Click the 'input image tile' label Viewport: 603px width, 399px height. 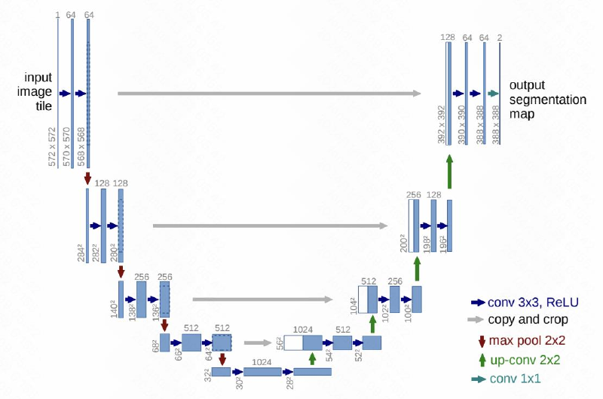tap(35, 91)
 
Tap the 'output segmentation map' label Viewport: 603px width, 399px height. tap(548, 100)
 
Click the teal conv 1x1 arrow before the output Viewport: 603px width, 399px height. tap(493, 94)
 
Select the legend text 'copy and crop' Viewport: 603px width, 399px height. tap(528, 319)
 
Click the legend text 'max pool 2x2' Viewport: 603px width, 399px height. tap(527, 340)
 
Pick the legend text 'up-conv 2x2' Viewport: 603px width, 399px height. tap(525, 360)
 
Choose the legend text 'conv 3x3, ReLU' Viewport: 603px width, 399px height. tap(533, 302)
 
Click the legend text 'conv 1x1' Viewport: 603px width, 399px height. tap(515, 379)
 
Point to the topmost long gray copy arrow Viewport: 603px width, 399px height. tap(269, 94)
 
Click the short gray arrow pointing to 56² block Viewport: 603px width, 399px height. tap(258, 343)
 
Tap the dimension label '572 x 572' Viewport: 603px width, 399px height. tap(52, 147)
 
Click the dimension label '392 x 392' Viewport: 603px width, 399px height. tap(441, 124)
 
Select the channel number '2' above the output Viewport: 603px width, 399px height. tap(500, 38)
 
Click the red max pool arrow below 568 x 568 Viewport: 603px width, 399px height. tap(87, 178)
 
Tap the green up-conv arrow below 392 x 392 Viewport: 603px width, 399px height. tap(449, 172)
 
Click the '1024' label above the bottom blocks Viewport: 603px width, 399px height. tap(262, 362)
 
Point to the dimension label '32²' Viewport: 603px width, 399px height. tap(208, 375)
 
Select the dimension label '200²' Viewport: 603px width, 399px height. tap(403, 243)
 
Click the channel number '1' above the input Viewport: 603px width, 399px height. tap(58, 15)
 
